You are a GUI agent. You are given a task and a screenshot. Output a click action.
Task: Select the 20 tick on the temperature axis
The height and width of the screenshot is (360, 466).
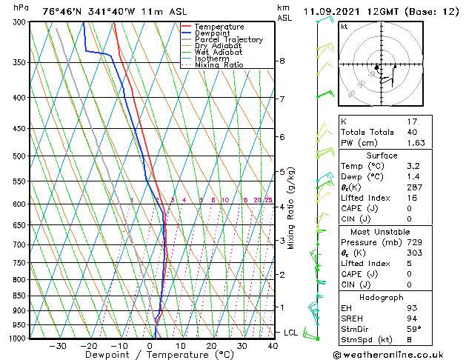[x=211, y=345]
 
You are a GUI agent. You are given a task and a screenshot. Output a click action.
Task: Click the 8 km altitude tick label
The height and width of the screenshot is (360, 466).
[x=282, y=61]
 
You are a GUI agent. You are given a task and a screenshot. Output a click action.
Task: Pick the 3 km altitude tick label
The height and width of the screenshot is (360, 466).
[x=282, y=241]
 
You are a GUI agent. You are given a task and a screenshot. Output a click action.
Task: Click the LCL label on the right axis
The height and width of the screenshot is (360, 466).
[x=291, y=333]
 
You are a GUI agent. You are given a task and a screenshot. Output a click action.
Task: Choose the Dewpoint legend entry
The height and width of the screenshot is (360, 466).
[x=213, y=33]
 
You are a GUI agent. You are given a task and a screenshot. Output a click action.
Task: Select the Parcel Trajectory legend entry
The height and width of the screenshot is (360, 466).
[x=228, y=40]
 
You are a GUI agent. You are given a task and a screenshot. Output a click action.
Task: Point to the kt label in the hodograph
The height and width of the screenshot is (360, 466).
[x=344, y=26]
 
